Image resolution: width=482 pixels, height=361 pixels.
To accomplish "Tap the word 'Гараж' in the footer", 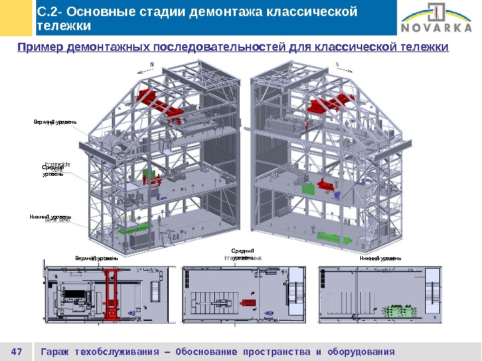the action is point(56,352).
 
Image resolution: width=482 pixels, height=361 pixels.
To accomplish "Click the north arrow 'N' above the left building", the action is point(151,65).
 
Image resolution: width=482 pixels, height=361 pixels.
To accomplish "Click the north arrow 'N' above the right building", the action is point(336,65).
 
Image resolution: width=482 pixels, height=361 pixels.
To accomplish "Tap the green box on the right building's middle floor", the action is point(309,189).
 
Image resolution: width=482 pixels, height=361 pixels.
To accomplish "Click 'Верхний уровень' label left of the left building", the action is point(56,122).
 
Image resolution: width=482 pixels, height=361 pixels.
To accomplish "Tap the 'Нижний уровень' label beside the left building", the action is point(50,217).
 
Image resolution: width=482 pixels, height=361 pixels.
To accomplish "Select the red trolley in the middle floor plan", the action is point(248,303).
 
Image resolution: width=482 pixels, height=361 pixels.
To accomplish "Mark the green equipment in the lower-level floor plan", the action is point(398,311).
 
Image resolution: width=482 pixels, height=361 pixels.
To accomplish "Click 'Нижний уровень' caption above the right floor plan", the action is point(380,258).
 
